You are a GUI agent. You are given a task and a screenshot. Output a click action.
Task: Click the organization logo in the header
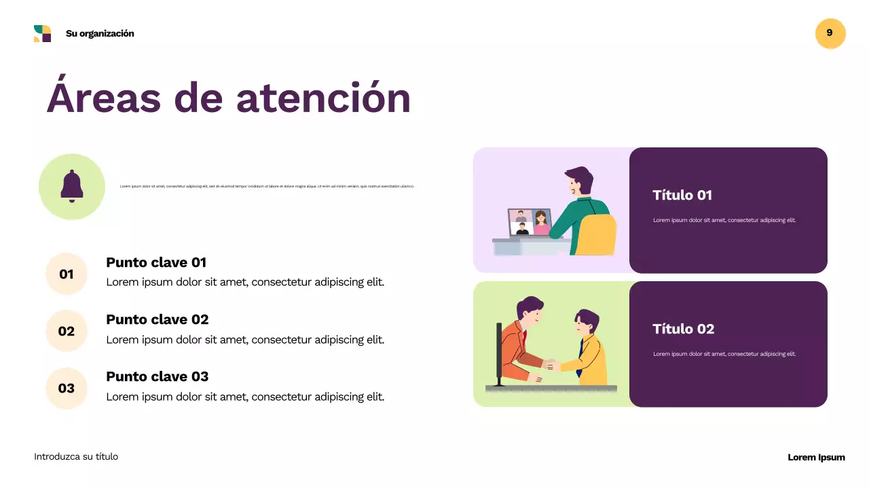(42, 33)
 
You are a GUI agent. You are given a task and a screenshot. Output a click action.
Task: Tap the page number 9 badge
(830, 33)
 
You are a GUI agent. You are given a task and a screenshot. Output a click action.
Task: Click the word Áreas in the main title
(105, 98)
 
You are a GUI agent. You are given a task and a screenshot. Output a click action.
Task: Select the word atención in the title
(323, 98)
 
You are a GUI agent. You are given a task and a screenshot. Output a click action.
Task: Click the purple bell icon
(72, 186)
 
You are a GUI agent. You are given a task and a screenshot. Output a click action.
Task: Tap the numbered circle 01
(67, 274)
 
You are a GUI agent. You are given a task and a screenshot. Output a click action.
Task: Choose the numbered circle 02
(67, 331)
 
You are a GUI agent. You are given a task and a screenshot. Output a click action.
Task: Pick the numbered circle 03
(67, 388)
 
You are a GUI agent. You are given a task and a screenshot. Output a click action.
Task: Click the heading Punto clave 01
(156, 262)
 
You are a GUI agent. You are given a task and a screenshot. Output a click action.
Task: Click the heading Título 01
(682, 196)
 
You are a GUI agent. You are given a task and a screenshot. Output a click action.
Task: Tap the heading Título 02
(683, 329)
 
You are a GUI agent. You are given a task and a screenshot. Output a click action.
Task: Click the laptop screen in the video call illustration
(530, 222)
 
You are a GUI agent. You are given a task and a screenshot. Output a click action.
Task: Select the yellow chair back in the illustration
(597, 234)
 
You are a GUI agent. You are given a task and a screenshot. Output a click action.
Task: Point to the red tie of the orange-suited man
(524, 336)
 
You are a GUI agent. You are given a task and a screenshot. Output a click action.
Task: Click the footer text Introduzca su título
(76, 457)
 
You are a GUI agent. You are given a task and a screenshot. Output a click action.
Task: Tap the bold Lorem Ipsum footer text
(816, 457)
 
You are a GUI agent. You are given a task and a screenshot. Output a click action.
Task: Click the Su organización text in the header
(100, 33)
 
